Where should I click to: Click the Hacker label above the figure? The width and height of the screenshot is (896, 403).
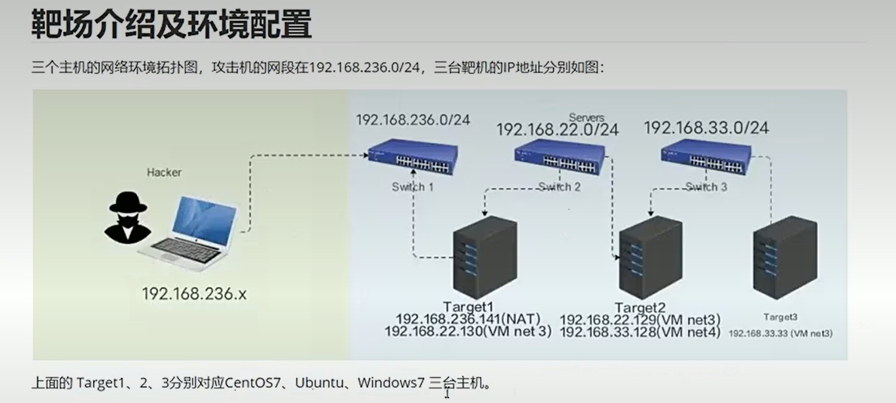(x=164, y=172)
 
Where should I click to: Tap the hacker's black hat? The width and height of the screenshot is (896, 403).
(x=127, y=201)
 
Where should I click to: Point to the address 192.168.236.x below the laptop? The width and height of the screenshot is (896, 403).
(x=194, y=294)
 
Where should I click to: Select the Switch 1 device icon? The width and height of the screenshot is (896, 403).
(x=413, y=157)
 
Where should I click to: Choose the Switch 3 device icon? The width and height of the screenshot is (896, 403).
(x=706, y=158)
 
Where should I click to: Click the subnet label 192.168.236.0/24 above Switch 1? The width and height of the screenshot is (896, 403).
(x=413, y=120)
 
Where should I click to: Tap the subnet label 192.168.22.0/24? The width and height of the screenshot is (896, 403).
(x=558, y=130)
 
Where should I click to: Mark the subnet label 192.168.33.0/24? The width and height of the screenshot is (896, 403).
(x=706, y=128)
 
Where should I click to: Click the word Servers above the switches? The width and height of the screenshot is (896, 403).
(x=586, y=117)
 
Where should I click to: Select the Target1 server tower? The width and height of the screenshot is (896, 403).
(x=485, y=257)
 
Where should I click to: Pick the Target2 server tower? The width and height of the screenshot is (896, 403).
(x=650, y=257)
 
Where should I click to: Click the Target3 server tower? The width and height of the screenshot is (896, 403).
(x=785, y=257)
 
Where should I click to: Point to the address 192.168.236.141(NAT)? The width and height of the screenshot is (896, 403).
(x=468, y=319)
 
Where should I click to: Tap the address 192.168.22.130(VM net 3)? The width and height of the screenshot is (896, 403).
(x=468, y=332)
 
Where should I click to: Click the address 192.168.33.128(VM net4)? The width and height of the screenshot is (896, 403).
(x=640, y=332)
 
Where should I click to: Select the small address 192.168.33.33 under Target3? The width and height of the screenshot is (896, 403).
(x=780, y=333)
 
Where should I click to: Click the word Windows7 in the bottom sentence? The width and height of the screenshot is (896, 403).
(x=391, y=383)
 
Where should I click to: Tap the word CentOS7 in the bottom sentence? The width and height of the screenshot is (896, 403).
(x=253, y=383)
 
